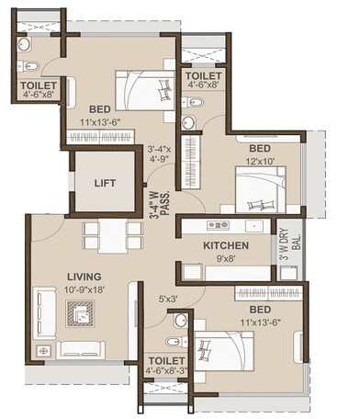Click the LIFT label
[107, 182]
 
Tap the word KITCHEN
[226, 246]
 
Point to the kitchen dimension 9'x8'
[226, 259]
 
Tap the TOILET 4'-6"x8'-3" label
[166, 365]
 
